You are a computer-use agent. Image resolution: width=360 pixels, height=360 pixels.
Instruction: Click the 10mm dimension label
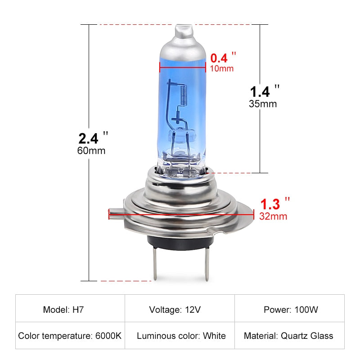point(222,68)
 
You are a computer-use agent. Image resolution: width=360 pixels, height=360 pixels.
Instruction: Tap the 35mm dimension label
point(263,103)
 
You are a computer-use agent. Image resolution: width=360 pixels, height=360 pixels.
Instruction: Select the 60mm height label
point(91,150)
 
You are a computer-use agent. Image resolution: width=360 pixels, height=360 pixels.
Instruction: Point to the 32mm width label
point(273,216)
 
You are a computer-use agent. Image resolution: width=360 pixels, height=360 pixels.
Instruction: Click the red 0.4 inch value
point(219,58)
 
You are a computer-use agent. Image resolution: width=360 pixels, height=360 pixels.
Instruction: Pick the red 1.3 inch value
point(270,204)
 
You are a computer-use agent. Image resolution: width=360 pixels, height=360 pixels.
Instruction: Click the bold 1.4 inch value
point(260,91)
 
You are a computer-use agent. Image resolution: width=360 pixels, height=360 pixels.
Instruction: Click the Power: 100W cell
point(291,310)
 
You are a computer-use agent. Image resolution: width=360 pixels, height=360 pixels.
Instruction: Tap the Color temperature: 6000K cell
point(70,336)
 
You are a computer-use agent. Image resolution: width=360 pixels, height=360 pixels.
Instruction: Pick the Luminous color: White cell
point(181,336)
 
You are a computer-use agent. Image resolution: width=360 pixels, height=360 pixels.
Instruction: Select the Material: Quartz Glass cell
point(288,336)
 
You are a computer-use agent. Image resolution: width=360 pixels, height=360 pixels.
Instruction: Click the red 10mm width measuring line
point(183,67)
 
